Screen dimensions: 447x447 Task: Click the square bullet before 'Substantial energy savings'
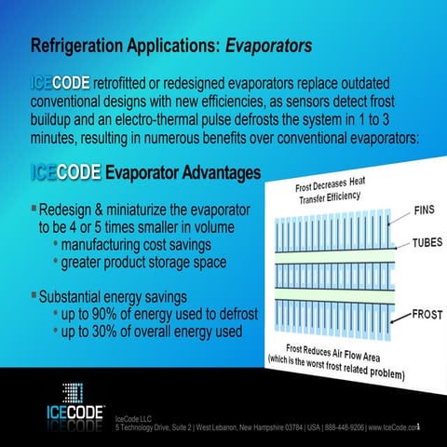[34, 297]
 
